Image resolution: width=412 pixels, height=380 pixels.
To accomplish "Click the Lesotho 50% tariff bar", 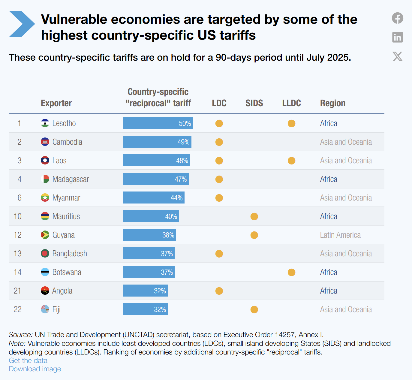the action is (x=158, y=123).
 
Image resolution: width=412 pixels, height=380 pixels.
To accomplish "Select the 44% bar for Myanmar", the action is (x=154, y=198).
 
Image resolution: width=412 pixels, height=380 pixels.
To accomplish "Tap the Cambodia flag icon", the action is (x=45, y=142).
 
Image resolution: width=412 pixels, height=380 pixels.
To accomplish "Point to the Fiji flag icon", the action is (x=45, y=309).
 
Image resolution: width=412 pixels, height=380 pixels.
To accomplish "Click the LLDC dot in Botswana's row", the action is (x=291, y=272).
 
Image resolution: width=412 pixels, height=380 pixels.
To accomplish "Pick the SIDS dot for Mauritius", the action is (x=254, y=216).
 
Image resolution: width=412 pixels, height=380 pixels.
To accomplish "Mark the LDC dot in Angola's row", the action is (x=219, y=291).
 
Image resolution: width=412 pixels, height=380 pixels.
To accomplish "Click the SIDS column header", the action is (x=254, y=103).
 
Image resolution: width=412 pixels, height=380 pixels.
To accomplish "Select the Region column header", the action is (x=332, y=103).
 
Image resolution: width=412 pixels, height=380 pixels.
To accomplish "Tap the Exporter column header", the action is (x=56, y=103).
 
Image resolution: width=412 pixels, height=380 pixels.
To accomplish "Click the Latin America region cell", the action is (x=340, y=235).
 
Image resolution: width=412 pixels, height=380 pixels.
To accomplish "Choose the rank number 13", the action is (x=18, y=254).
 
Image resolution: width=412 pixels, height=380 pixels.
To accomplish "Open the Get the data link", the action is (x=28, y=360).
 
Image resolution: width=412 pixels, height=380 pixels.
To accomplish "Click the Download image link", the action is (x=35, y=369).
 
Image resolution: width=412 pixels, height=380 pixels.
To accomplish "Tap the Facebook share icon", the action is (x=398, y=18).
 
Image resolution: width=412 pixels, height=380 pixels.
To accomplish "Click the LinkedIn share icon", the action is (x=398, y=37).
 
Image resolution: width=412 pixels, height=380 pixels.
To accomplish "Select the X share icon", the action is (x=398, y=56).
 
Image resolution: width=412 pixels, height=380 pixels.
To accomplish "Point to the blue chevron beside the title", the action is (x=22, y=24).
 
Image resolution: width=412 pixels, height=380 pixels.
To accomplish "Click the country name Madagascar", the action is (x=71, y=179).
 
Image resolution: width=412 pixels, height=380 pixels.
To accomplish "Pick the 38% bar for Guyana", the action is (x=149, y=235).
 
